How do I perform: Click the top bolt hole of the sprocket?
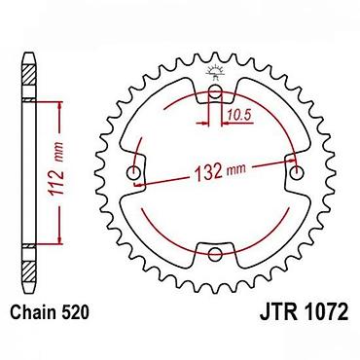click(x=215, y=92)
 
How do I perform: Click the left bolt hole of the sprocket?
click(x=133, y=172)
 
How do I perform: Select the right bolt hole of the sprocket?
click(x=295, y=172)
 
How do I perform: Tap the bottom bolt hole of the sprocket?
click(x=215, y=254)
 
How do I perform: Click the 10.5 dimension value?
click(x=239, y=115)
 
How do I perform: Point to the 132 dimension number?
click(x=207, y=171)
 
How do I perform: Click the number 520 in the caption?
click(x=75, y=312)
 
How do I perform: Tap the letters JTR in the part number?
click(x=277, y=312)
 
